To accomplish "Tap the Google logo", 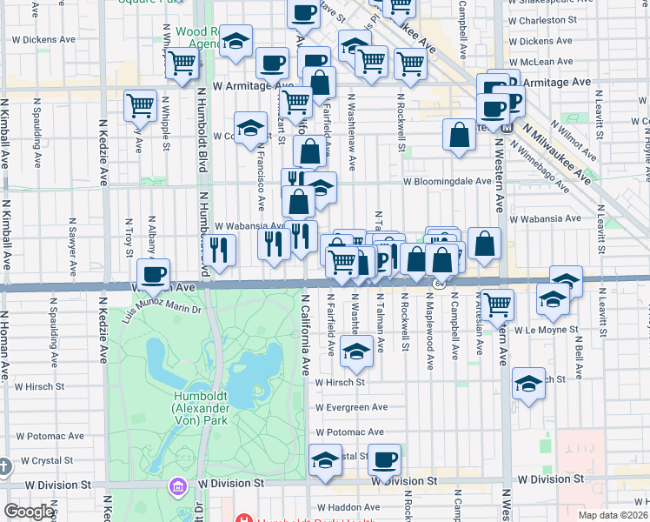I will click(x=29, y=512).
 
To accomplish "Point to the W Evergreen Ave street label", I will click(x=351, y=407).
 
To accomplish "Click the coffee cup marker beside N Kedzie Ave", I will click(x=153, y=273).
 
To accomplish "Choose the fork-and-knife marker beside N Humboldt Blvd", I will click(x=220, y=251).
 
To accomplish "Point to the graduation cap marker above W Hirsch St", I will click(x=355, y=351).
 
